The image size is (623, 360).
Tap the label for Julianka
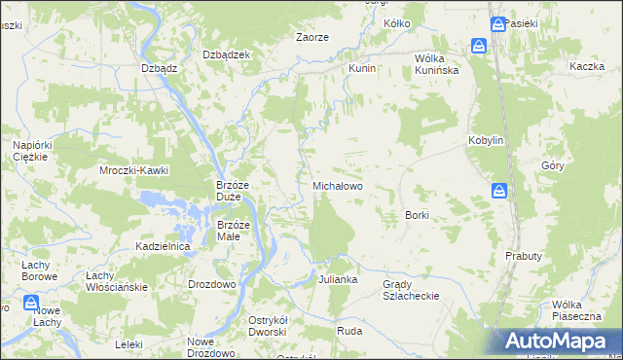(338, 279)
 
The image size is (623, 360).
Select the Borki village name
(417, 214)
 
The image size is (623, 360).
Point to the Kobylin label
(485, 140)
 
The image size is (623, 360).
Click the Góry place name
(553, 165)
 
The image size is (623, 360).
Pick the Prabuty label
(523, 255)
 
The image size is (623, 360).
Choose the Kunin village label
(362, 70)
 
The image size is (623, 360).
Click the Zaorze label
(312, 37)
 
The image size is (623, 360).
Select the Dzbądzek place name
(227, 54)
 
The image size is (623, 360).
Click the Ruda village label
(349, 330)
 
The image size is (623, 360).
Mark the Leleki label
(128, 344)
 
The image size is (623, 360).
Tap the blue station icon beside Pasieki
(497, 24)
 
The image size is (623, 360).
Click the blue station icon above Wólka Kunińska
(479, 46)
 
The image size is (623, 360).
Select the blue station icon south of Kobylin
(499, 191)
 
